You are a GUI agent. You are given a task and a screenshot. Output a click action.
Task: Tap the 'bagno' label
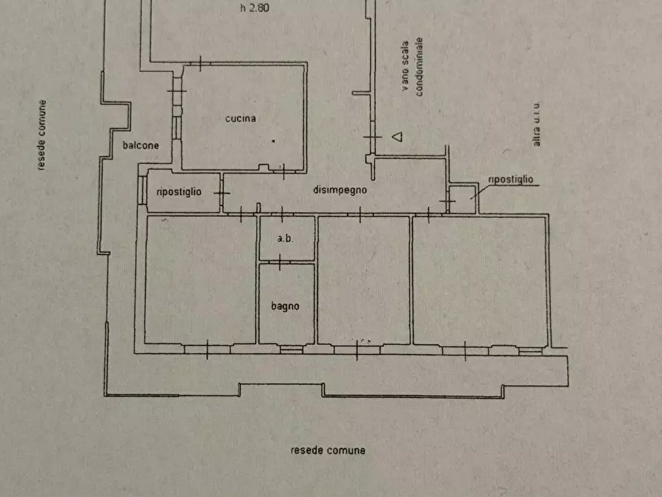click(285, 306)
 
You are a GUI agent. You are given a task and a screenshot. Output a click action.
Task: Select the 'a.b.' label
click(285, 239)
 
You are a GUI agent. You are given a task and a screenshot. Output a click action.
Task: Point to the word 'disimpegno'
click(340, 191)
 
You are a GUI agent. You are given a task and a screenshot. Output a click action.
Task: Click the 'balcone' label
click(141, 146)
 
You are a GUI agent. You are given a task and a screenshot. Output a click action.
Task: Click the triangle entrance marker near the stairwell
click(397, 136)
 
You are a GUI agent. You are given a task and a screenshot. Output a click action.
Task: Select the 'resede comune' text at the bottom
click(328, 450)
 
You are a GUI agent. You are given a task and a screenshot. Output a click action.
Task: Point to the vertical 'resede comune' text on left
click(42, 135)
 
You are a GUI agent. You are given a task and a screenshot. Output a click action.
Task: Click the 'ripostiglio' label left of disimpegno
click(179, 192)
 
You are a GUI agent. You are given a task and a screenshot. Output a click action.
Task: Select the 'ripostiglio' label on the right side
click(511, 180)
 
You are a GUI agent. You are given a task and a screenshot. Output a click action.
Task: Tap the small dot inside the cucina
click(273, 140)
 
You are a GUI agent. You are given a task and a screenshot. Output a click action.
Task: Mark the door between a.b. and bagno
click(279, 260)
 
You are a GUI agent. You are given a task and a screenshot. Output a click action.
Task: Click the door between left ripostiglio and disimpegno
click(222, 193)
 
